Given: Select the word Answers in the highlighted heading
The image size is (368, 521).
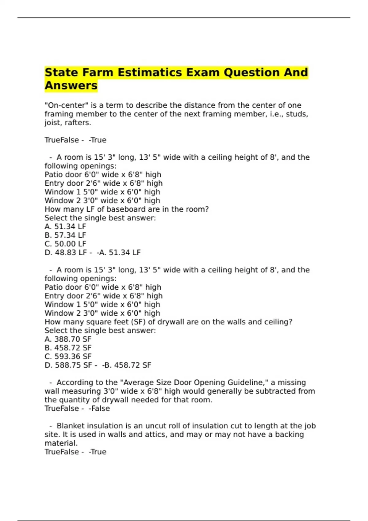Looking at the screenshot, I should click(x=71, y=86).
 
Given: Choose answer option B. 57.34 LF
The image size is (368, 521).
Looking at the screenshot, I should click(x=65, y=235).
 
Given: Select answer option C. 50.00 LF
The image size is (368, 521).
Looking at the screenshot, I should click(x=65, y=244).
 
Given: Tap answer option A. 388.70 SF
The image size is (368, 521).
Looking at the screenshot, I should click(x=68, y=339).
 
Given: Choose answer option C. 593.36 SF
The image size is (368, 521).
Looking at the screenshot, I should click(x=68, y=357).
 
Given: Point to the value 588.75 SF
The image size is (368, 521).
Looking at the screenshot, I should click(x=73, y=365).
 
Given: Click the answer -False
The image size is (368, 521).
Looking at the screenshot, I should click(x=99, y=409).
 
